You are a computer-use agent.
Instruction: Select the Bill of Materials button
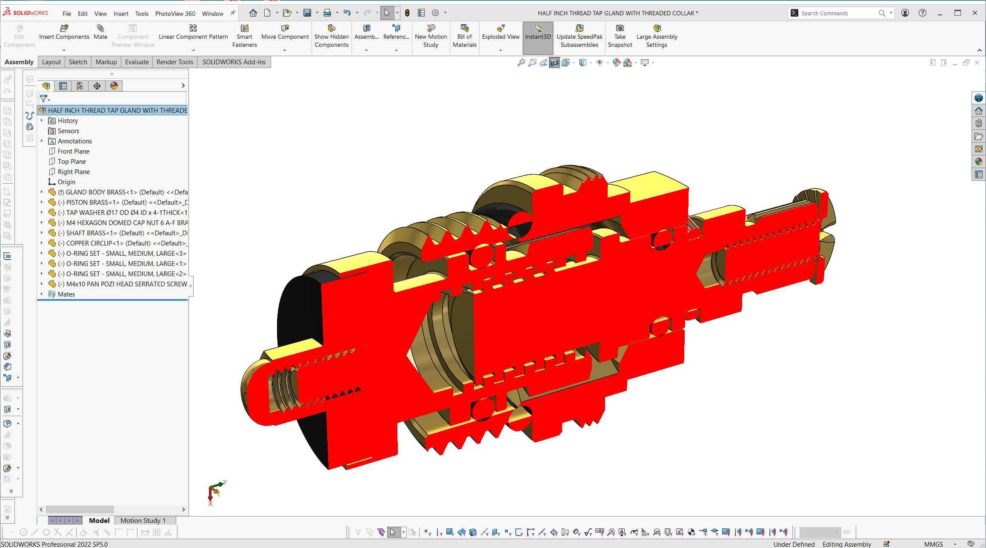tap(464, 36)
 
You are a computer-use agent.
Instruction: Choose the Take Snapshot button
tap(620, 36)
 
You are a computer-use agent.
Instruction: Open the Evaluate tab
tap(137, 62)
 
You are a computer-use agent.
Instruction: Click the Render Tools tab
tap(174, 62)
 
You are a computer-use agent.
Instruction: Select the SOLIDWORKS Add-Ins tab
tap(234, 62)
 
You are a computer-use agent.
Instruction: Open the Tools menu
tap(142, 14)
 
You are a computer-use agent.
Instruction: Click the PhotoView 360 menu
tap(175, 14)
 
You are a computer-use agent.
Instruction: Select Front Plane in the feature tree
tap(73, 151)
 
